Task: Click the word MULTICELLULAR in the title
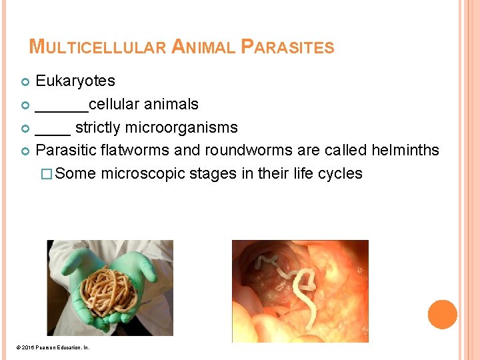[x=98, y=47]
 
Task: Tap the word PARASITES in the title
[x=287, y=47]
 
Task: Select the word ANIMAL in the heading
[x=203, y=47]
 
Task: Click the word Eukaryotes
[x=75, y=81]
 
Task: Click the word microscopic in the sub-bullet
[x=143, y=174]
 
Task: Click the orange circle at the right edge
[x=443, y=315]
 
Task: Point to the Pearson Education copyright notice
[x=53, y=348]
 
